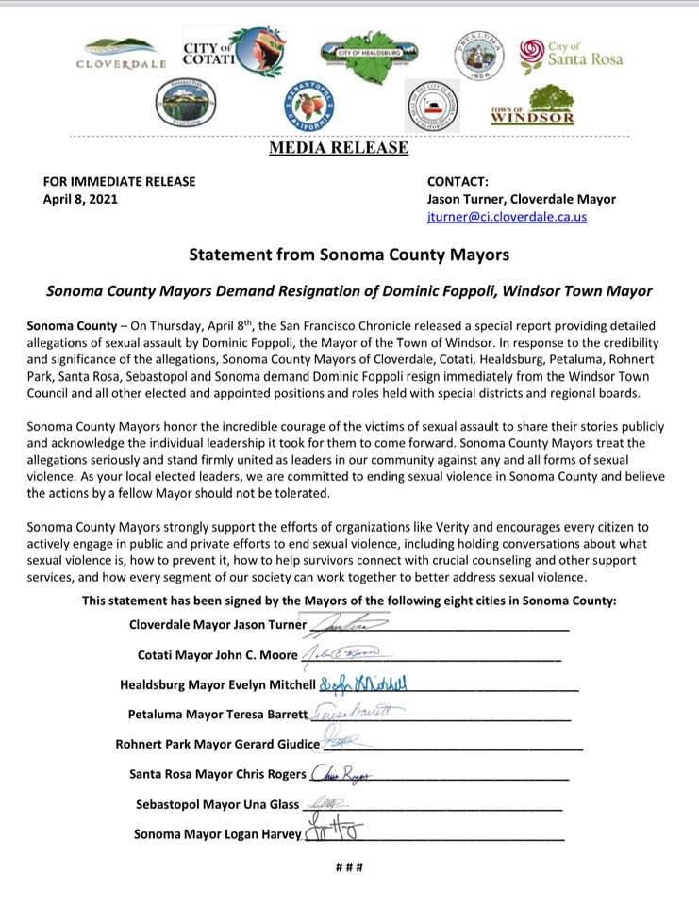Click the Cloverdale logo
(121, 55)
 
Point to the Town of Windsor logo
(533, 107)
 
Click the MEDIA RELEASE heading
(339, 148)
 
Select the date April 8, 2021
(80, 199)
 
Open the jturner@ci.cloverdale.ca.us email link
(507, 217)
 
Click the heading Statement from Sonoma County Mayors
(349, 255)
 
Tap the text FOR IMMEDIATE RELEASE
(119, 181)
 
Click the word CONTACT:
(458, 181)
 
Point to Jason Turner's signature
(337, 623)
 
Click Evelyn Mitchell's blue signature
(364, 683)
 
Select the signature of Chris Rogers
(341, 774)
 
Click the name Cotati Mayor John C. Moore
(217, 655)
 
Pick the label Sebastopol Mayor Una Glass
(217, 804)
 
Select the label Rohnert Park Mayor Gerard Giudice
(217, 744)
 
